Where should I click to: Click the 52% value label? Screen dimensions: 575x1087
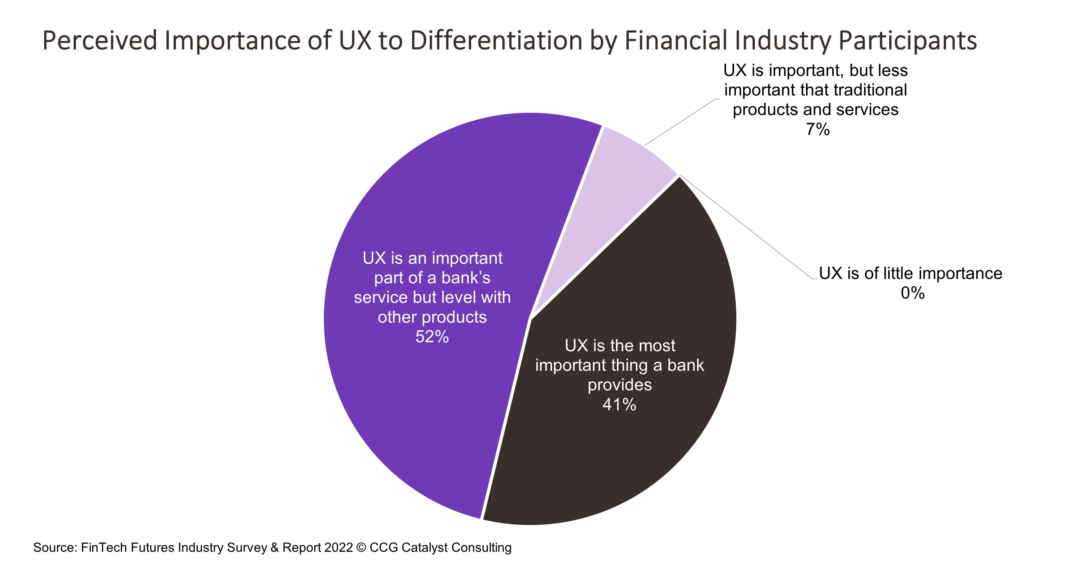(x=432, y=337)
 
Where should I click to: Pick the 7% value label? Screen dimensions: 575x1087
(x=817, y=129)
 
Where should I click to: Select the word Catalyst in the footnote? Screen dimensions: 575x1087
(x=424, y=548)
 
